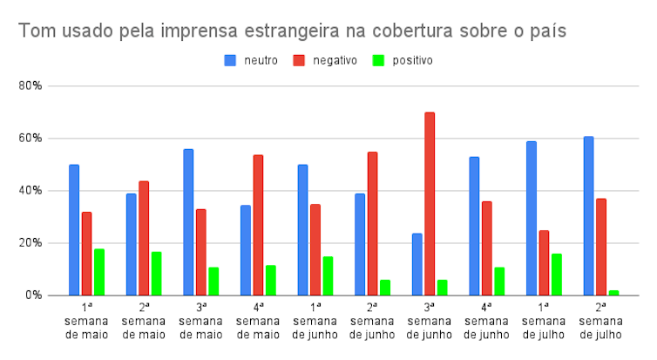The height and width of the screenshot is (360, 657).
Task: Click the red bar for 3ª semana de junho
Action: [430, 204]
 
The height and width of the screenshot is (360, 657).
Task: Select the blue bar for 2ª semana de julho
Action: [588, 216]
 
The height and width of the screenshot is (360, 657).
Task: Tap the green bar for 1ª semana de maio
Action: [99, 272]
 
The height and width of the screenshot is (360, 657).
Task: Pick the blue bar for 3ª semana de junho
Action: [417, 264]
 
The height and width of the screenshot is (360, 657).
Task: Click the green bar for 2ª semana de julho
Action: [613, 293]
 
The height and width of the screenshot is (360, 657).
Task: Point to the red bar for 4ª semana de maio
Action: [258, 225]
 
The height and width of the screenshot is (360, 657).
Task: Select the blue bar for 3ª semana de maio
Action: [188, 222]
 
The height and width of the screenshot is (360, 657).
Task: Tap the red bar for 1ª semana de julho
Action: [544, 262]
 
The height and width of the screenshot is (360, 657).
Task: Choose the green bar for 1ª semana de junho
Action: [328, 275]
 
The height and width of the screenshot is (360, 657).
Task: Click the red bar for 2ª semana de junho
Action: [372, 224]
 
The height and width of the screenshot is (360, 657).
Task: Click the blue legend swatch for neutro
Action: [230, 61]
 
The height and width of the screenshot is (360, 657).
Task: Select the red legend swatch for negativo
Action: [299, 61]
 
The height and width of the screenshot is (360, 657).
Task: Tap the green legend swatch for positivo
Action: [378, 61]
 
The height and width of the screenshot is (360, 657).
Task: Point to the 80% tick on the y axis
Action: [30, 86]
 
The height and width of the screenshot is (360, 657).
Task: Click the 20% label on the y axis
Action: [30, 243]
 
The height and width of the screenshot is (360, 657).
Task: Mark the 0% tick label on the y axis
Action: [33, 295]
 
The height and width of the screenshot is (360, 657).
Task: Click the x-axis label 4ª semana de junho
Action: [486, 322]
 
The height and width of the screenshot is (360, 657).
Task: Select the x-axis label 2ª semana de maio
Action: [144, 322]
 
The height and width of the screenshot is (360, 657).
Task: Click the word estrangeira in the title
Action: [292, 31]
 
